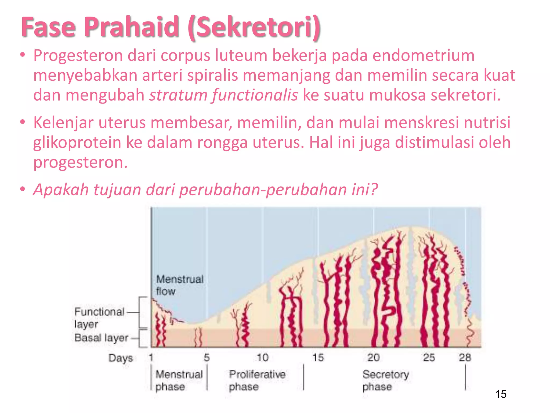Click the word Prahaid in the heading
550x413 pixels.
131,27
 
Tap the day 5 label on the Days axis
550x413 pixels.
207,358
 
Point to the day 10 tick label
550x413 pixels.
262,358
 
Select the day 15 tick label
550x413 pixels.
318,358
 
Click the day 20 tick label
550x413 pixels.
374,358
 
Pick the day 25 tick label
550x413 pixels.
429,358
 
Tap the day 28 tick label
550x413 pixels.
465,358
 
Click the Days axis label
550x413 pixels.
121,358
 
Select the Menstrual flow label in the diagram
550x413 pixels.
179,285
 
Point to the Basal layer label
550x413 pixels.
102,338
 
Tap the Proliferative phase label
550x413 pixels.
257,380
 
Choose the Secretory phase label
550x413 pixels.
385,380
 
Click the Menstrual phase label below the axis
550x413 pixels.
179,380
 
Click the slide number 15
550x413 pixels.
501,394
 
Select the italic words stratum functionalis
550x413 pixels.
223,95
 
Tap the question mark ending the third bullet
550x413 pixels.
374,189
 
